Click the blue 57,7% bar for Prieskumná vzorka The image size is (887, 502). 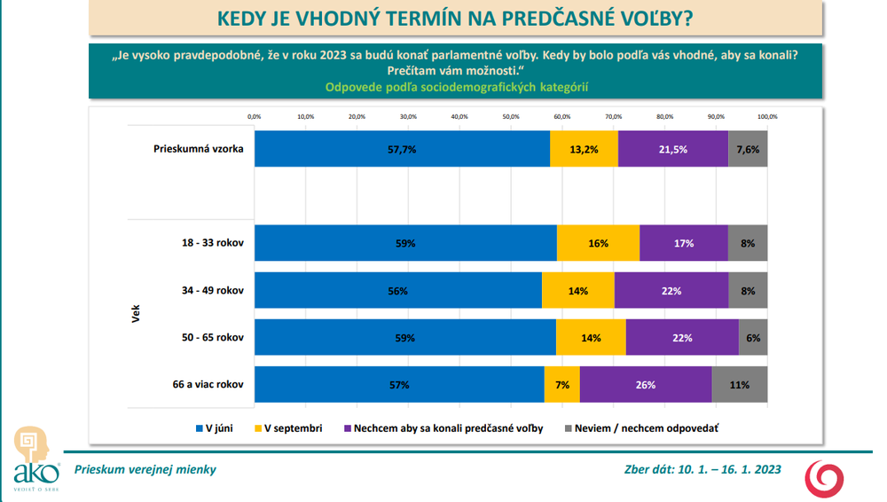click(x=402, y=149)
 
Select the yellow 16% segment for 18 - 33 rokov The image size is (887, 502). click(x=598, y=243)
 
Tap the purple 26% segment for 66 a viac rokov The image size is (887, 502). click(x=646, y=385)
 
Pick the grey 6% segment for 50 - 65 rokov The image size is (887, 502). click(x=753, y=338)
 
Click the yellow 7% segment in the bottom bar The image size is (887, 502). click(x=561, y=385)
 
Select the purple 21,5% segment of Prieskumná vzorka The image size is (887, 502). click(x=673, y=149)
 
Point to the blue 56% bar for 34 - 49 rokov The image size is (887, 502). click(x=397, y=290)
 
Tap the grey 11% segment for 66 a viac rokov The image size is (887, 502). click(x=740, y=385)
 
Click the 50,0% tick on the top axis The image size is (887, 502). click(x=511, y=116)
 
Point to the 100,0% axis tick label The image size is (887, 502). click(x=767, y=116)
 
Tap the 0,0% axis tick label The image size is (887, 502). click(x=254, y=116)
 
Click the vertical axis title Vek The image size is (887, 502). click(x=136, y=314)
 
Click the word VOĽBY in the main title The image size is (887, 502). click(x=651, y=18)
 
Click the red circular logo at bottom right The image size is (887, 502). click(x=825, y=479)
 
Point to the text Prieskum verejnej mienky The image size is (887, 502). click(x=145, y=469)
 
